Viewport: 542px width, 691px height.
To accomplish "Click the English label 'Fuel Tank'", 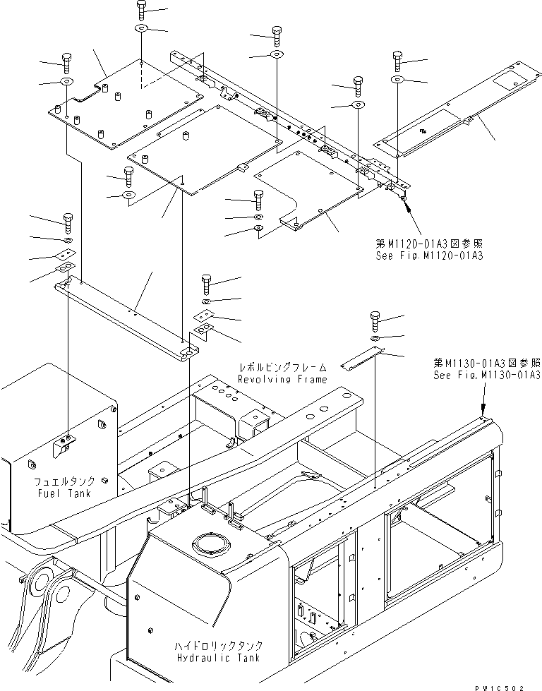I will pyautogui.click(x=64, y=494).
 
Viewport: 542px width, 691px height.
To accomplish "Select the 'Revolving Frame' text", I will pyautogui.click(x=282, y=379).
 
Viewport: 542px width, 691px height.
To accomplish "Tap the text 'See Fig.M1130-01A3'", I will pyautogui.click(x=488, y=375).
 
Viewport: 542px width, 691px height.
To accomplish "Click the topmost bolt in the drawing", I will pyautogui.click(x=140, y=11).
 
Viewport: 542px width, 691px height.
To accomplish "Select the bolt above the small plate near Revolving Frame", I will pyautogui.click(x=375, y=320).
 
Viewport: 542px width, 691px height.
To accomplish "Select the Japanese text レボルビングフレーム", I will pyautogui.click(x=282, y=368).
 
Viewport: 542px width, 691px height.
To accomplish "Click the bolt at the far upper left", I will pyautogui.click(x=66, y=61).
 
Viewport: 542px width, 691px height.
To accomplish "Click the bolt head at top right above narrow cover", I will pyautogui.click(x=397, y=59).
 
